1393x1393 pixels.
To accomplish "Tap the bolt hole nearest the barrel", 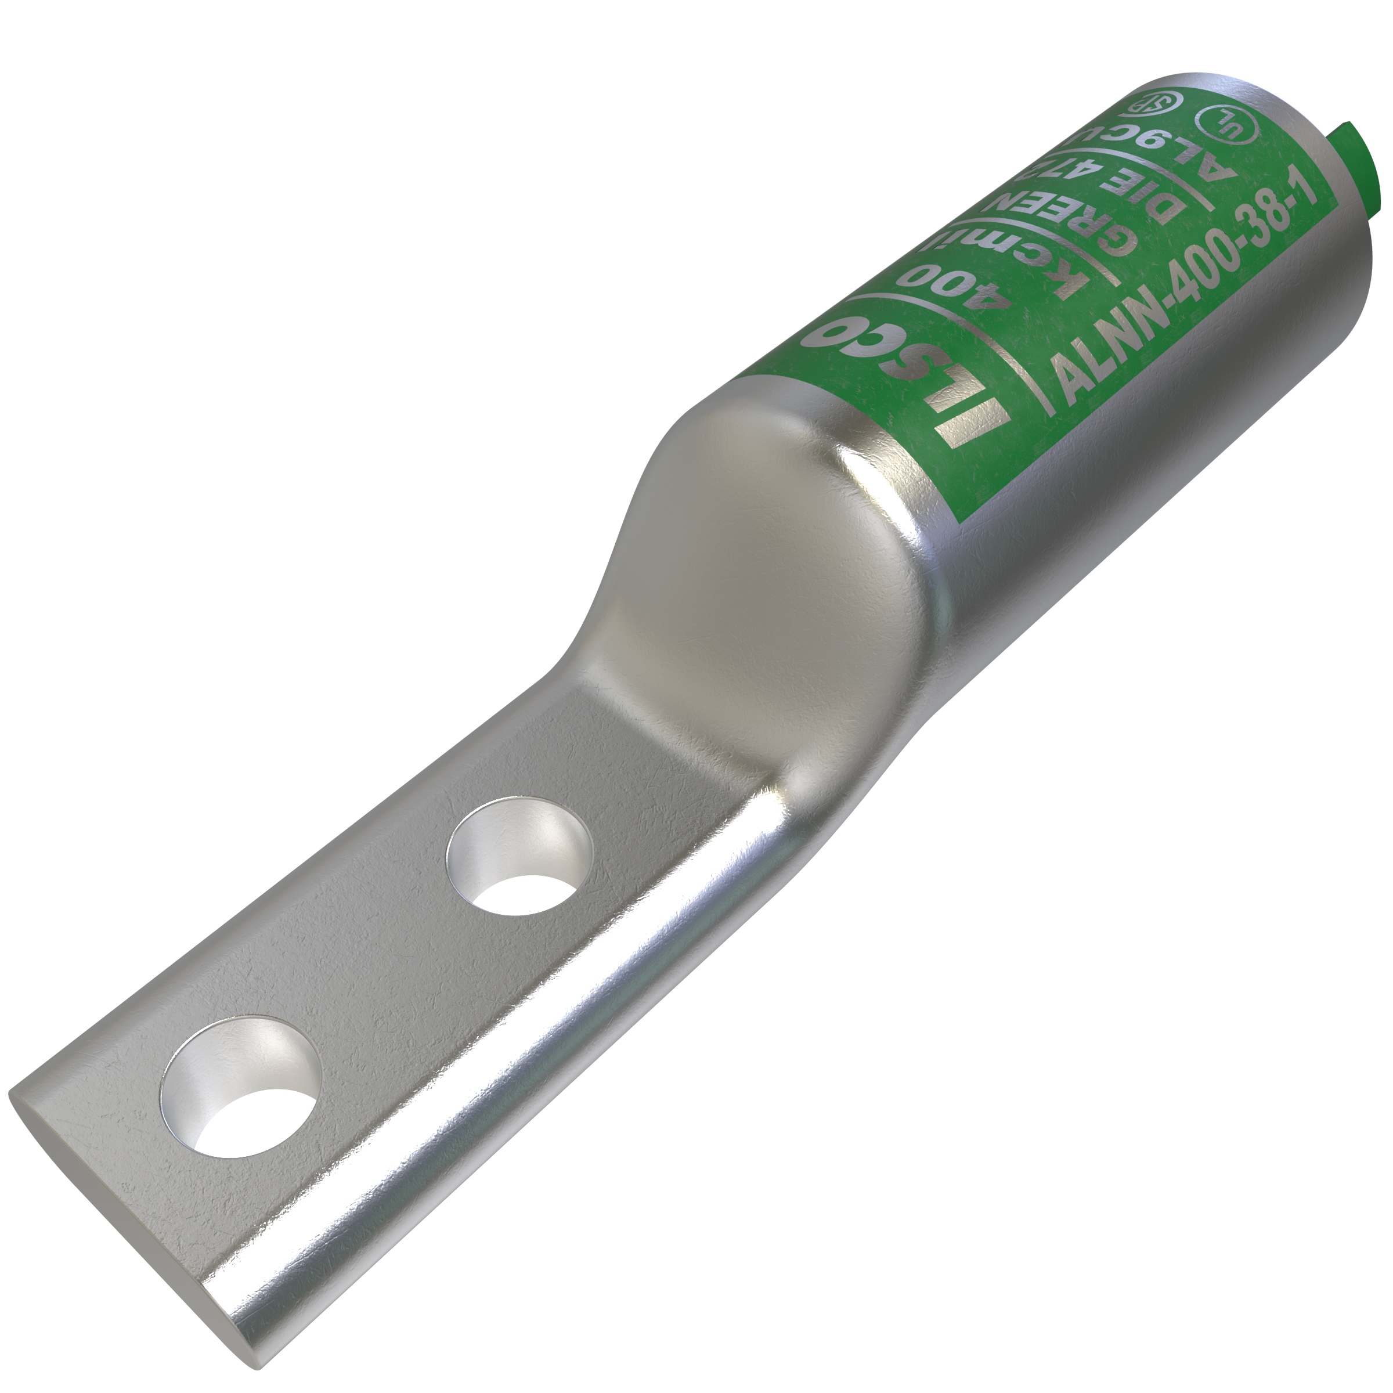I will click(518, 854).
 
